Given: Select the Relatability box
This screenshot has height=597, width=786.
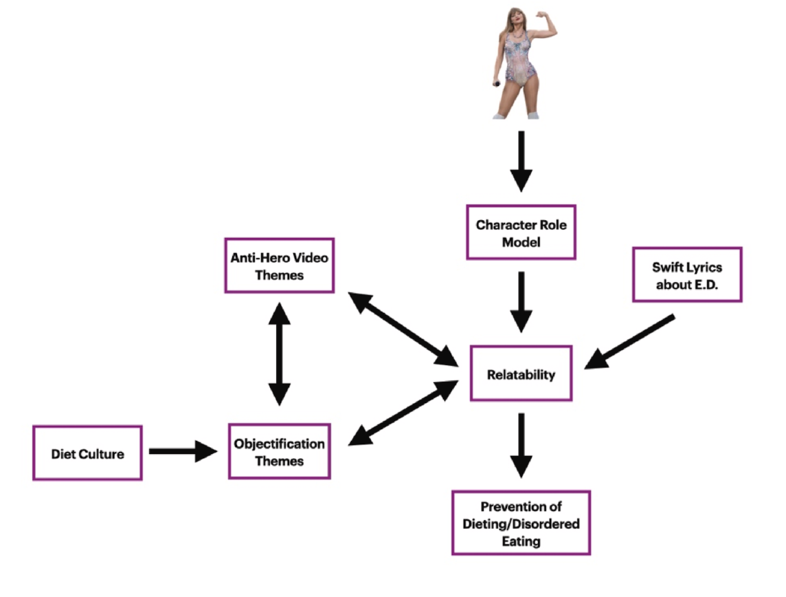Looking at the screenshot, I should pyautogui.click(x=521, y=374).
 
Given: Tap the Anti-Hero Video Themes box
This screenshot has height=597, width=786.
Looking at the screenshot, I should pyautogui.click(x=279, y=265).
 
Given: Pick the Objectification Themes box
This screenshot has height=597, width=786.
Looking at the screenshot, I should pyautogui.click(x=279, y=452).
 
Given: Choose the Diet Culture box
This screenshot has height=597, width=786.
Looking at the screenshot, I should pyautogui.click(x=87, y=453).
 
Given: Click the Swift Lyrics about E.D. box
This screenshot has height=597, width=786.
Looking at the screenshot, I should pyautogui.click(x=686, y=275).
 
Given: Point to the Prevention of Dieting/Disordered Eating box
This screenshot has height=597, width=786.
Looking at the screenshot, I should pyautogui.click(x=521, y=523).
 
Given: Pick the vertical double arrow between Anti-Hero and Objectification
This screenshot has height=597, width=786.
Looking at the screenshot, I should pyautogui.click(x=279, y=352).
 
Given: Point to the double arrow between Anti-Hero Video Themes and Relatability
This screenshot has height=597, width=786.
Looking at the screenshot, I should pyautogui.click(x=404, y=328).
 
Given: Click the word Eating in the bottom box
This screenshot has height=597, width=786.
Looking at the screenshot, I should pyautogui.click(x=521, y=541).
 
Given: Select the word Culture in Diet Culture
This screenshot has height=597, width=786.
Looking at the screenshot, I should pyautogui.click(x=103, y=454).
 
